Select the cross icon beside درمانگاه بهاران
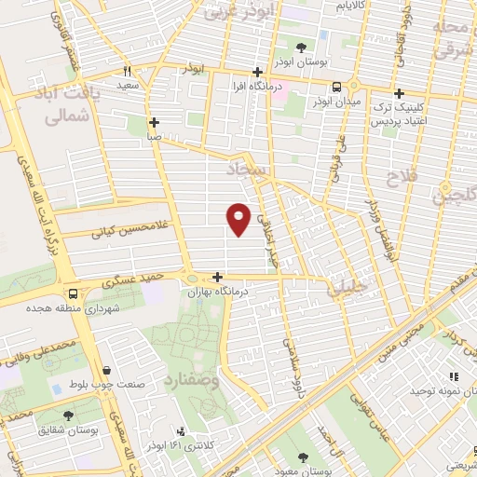pyautogui.click(x=217, y=277)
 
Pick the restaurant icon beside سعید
pyautogui.click(x=128, y=70)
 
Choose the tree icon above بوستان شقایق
pyautogui.click(x=70, y=416)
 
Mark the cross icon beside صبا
pyautogui.click(x=155, y=122)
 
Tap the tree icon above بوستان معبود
pyautogui.click(x=303, y=457)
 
